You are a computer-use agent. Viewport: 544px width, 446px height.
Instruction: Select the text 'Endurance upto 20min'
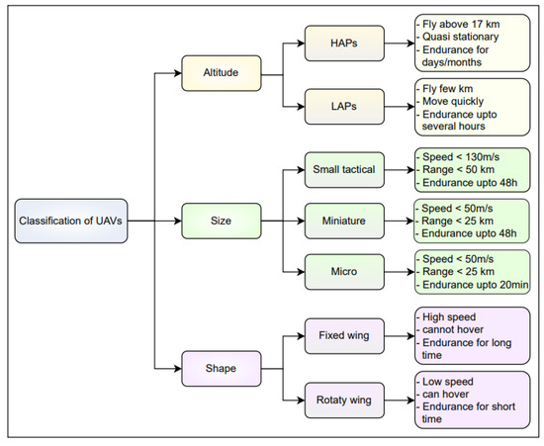[471, 283]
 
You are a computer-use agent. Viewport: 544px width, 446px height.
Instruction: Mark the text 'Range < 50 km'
[462, 169]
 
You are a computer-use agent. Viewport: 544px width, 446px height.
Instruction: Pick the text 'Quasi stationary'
[462, 37]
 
